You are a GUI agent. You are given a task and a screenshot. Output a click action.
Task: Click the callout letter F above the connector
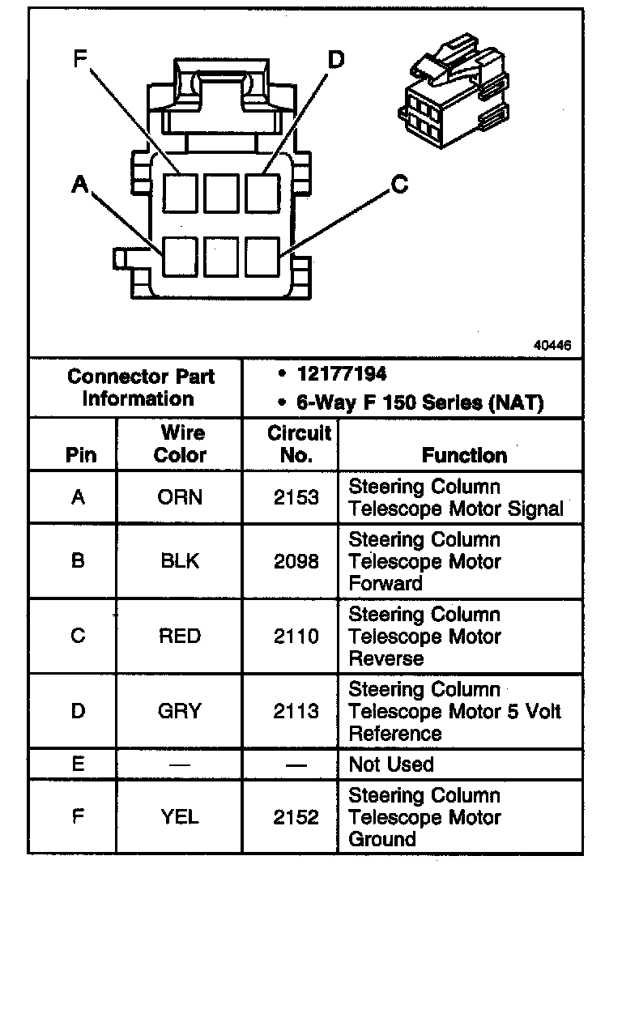pyautogui.click(x=79, y=58)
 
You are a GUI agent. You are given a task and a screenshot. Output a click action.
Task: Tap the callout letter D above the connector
pyautogui.click(x=335, y=58)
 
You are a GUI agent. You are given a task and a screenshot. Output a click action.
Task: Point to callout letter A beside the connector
pyautogui.click(x=79, y=185)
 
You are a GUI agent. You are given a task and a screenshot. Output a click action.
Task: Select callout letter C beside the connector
pyautogui.click(x=399, y=185)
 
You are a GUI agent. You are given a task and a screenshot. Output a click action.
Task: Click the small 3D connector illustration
pyautogui.click(x=454, y=91)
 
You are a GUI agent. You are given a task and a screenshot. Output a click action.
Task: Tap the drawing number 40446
pyautogui.click(x=552, y=345)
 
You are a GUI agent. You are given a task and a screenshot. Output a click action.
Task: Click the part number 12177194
pyautogui.click(x=342, y=374)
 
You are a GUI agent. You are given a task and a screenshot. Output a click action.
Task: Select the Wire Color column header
pyautogui.click(x=180, y=444)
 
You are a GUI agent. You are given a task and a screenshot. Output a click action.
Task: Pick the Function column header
pyautogui.click(x=464, y=455)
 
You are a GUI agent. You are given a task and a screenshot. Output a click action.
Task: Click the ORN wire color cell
pyautogui.click(x=180, y=497)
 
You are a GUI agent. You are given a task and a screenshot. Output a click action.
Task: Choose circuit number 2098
pyautogui.click(x=296, y=561)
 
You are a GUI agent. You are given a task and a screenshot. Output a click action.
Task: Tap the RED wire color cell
pyautogui.click(x=180, y=637)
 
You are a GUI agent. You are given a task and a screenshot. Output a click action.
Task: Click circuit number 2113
pyautogui.click(x=296, y=711)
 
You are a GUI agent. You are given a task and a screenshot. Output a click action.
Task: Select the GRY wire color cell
pyautogui.click(x=180, y=711)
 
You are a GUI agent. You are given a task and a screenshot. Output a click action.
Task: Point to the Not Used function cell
pyautogui.click(x=391, y=764)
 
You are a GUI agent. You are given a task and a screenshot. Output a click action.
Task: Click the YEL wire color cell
pyautogui.click(x=180, y=817)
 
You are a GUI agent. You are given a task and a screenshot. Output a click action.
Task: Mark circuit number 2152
pyautogui.click(x=296, y=817)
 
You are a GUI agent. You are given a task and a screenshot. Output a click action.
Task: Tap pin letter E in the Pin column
pyautogui.click(x=78, y=764)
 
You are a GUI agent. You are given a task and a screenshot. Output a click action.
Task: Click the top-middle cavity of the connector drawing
pyautogui.click(x=220, y=193)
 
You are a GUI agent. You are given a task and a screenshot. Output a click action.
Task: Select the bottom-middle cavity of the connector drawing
pyautogui.click(x=220, y=257)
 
